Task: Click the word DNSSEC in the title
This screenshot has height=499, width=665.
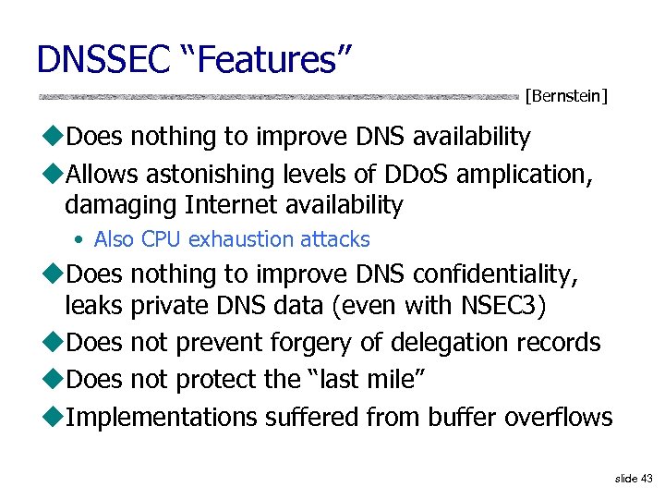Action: (103, 59)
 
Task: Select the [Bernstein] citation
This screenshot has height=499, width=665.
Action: (565, 94)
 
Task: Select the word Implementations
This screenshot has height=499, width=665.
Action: (163, 418)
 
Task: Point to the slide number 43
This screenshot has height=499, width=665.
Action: (645, 479)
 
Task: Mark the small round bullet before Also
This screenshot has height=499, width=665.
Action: (82, 240)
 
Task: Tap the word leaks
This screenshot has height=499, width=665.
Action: (94, 304)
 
